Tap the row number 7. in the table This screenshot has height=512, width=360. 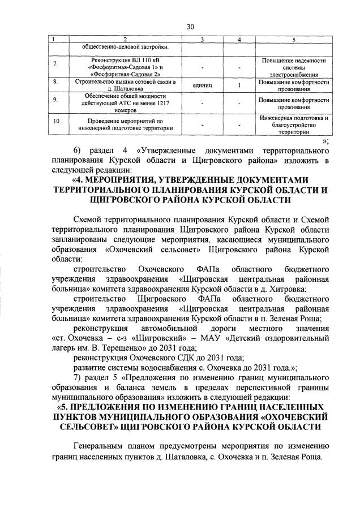tap(55, 64)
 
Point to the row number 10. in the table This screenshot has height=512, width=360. tap(56, 121)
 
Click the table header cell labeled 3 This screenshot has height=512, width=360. tap(202, 39)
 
